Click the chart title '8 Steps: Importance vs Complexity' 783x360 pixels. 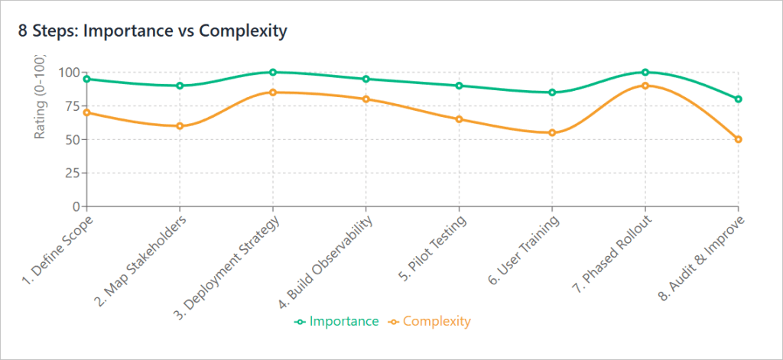coord(152,31)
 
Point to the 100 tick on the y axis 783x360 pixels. coord(70,73)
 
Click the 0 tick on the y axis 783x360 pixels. coord(75,206)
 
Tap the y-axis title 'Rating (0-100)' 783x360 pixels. coord(40,98)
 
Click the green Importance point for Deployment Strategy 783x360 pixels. coord(273,73)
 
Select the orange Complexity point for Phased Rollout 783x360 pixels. coord(645,86)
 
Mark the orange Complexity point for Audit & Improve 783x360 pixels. coord(738,139)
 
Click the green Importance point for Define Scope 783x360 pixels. coord(87,79)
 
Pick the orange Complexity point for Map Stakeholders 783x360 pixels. coord(180,126)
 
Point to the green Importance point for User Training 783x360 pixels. coord(552,92)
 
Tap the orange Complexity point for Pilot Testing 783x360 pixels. coord(459,119)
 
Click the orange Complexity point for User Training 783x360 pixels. coord(552,133)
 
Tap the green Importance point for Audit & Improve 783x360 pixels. coord(738,99)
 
